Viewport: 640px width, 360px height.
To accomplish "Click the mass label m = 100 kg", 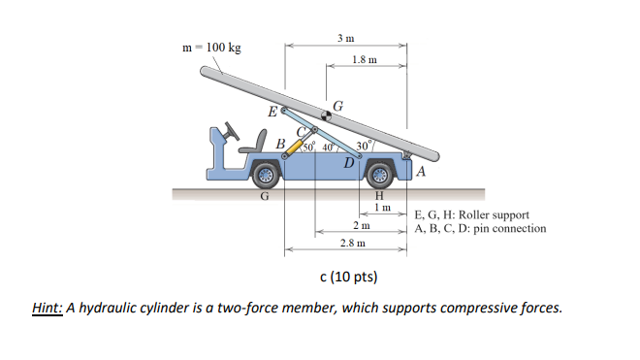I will pos(212,48).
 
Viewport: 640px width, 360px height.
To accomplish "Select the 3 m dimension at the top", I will pos(345,38).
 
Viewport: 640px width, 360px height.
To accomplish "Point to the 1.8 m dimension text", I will pos(364,60).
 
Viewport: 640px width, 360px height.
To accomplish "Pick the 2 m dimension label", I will pos(360,225).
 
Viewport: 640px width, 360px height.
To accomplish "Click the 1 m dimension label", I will pos(381,208).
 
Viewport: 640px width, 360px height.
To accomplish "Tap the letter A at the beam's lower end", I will pos(420,173).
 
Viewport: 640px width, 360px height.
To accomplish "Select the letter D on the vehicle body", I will pos(348,161).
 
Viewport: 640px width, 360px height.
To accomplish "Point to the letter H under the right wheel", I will pos(379,196).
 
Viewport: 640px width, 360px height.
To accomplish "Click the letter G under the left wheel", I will pos(263,196).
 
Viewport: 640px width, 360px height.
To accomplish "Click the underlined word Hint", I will pos(47,308).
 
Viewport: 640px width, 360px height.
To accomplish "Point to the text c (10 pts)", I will pos(348,278).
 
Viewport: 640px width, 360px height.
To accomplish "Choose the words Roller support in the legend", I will pos(496,215).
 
